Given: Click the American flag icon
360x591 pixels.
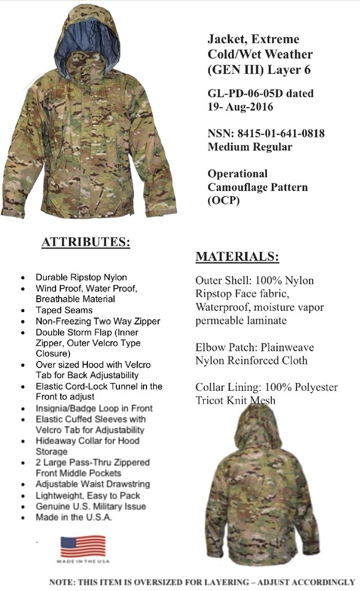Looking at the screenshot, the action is tap(82, 546).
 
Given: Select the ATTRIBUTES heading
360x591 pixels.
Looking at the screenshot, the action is tap(86, 243).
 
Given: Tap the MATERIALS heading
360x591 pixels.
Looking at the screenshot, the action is tap(237, 257).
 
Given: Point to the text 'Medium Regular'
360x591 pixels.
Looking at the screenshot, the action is tap(249, 147).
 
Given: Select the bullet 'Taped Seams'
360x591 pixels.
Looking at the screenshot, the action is tap(64, 310).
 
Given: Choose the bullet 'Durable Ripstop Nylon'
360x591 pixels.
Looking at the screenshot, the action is tap(81, 278).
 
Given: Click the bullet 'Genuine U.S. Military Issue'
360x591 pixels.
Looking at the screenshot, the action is tap(90, 506).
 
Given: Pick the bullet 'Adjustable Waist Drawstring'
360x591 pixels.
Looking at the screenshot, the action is tap(92, 484).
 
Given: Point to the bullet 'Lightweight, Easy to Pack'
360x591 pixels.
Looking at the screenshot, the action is tap(87, 496).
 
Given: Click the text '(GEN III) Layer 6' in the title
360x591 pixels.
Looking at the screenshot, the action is tap(259, 69).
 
